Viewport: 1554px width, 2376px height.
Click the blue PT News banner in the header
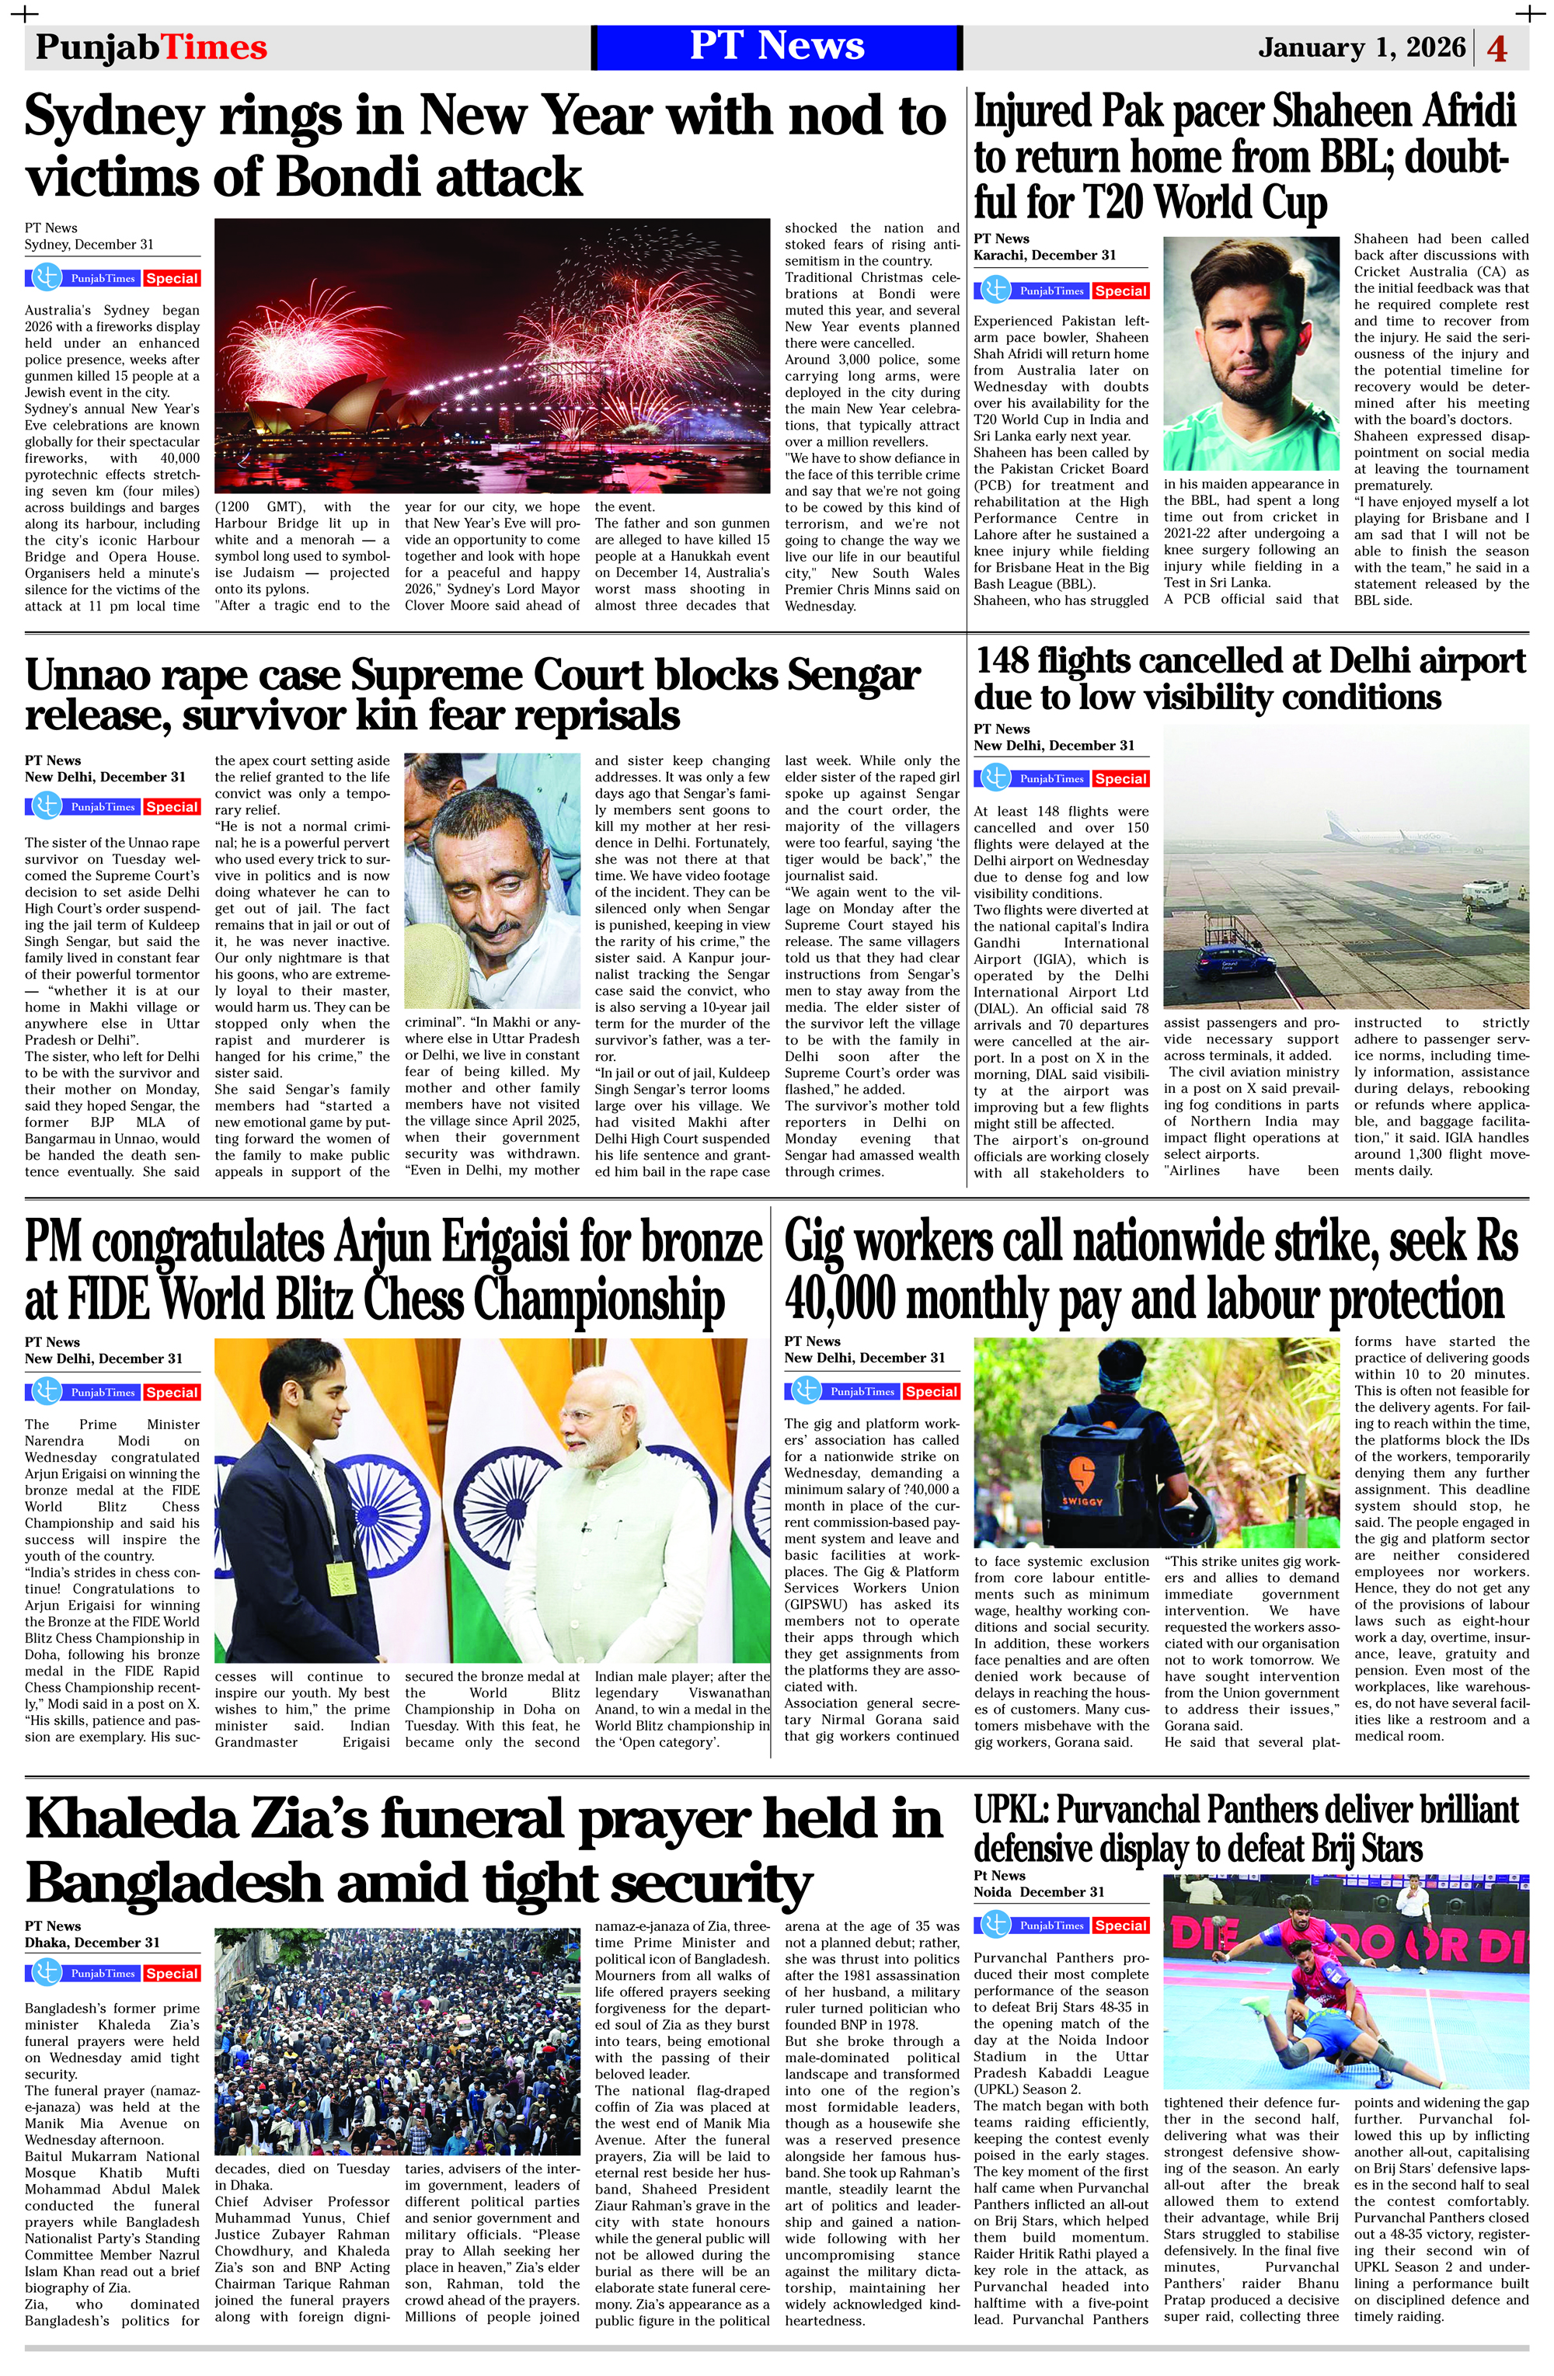coord(776,47)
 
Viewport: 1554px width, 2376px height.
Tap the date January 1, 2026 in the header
coord(1361,47)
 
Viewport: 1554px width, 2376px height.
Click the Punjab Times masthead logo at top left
coord(151,47)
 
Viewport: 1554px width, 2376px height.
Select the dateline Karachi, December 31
coord(1044,255)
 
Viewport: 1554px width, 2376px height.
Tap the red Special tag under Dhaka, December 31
coord(171,1973)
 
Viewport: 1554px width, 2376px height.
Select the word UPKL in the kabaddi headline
coord(1009,1809)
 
